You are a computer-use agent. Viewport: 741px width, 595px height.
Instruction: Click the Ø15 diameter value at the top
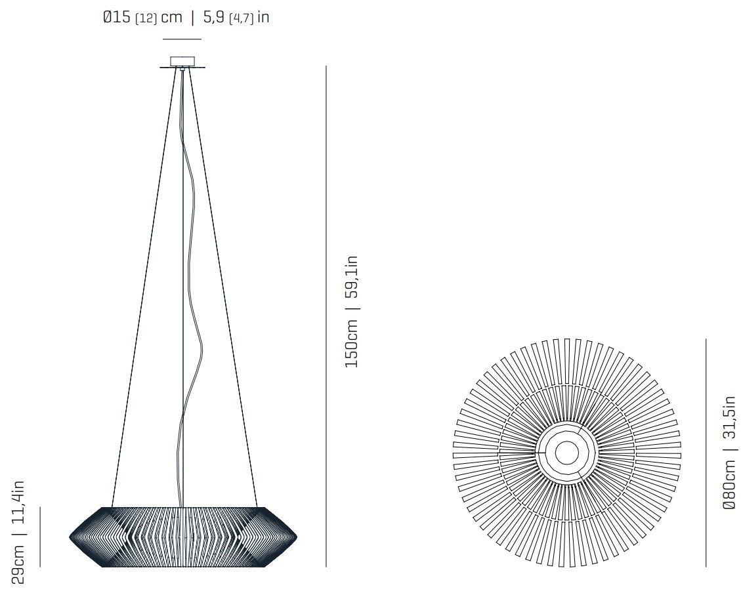(x=117, y=18)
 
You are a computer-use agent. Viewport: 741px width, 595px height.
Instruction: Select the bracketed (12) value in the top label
(x=146, y=18)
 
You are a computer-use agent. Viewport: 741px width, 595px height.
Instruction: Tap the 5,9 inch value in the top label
(x=214, y=18)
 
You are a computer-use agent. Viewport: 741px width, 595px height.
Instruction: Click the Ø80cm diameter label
(x=729, y=485)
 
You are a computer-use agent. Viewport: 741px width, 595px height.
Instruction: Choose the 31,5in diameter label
(x=729, y=421)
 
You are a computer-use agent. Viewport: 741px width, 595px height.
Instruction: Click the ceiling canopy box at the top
(x=182, y=62)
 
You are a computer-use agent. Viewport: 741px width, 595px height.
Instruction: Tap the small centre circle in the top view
(x=567, y=452)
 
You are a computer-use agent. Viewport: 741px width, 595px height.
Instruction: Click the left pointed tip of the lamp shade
(x=71, y=537)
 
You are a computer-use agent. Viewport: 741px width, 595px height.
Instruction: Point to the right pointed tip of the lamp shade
(x=296, y=537)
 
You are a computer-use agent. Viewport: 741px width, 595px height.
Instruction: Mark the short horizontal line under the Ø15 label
(x=182, y=39)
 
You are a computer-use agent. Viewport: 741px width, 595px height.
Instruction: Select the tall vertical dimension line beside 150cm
(x=326, y=315)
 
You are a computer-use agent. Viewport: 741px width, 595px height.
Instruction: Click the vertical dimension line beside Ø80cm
(x=706, y=452)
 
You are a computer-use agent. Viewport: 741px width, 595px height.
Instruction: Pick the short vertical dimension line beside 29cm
(x=40, y=536)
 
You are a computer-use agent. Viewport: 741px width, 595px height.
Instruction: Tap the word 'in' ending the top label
(x=263, y=18)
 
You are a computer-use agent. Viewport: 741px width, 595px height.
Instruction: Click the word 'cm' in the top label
(x=171, y=18)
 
